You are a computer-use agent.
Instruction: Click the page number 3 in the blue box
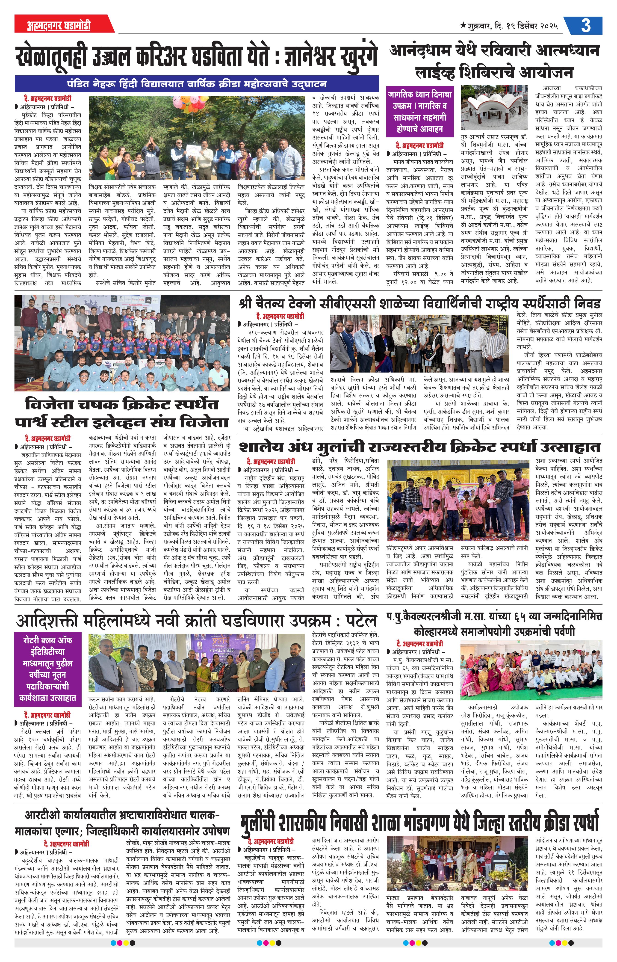coord(585,26)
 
